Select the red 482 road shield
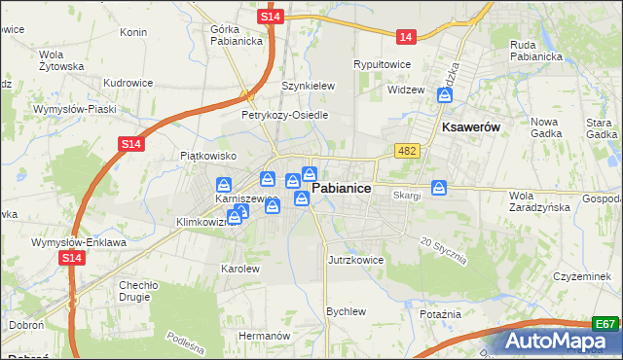(x=407, y=151)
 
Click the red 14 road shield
(x=406, y=37)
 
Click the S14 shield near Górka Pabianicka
(x=273, y=18)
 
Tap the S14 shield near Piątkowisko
(x=132, y=144)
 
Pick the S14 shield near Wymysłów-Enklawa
(x=70, y=258)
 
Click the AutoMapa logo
(x=560, y=342)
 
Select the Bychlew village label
(x=346, y=311)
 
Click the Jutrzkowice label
(x=355, y=261)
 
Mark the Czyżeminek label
(x=581, y=277)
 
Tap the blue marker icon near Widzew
(x=445, y=95)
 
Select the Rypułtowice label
(x=383, y=64)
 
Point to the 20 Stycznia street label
(x=444, y=251)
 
